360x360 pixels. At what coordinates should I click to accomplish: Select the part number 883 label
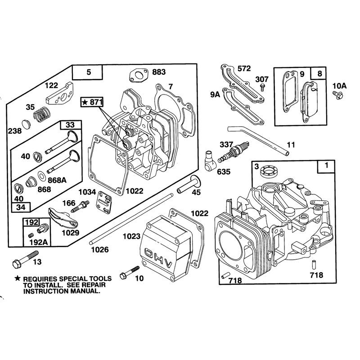159,72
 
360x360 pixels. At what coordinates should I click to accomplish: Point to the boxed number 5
89,72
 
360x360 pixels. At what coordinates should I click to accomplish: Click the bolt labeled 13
26,258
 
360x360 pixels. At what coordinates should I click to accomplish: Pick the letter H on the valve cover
158,259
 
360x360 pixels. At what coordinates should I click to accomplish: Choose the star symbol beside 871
85,102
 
